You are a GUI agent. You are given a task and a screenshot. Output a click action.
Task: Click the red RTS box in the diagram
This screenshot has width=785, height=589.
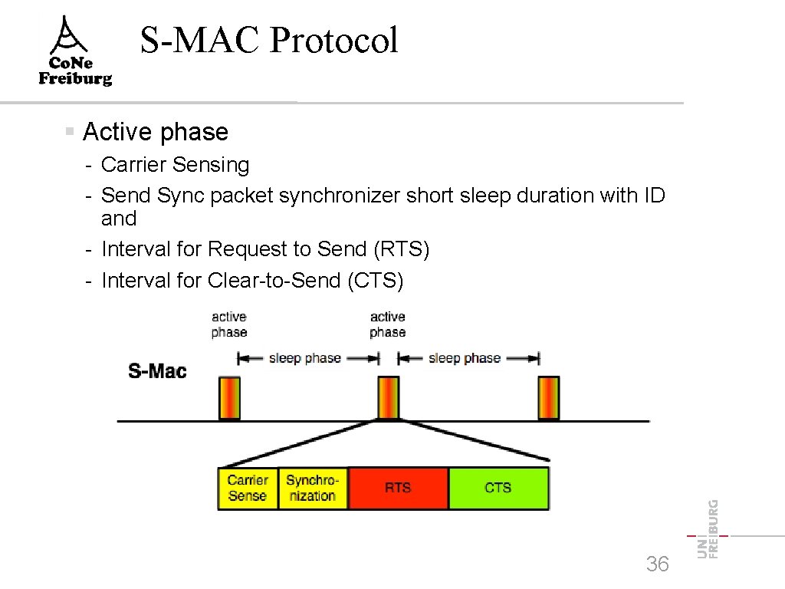click(398, 488)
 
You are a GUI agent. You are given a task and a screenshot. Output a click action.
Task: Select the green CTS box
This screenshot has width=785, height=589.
click(498, 488)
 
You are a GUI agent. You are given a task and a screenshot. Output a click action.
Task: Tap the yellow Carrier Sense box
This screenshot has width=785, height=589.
click(248, 488)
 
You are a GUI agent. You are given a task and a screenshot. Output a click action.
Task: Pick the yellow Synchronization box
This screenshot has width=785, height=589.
click(312, 488)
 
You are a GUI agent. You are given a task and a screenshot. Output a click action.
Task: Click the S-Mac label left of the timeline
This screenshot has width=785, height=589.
click(157, 371)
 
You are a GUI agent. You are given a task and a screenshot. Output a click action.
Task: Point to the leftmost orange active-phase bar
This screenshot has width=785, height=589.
click(230, 398)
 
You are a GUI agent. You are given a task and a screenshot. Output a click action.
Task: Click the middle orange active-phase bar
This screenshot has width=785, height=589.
click(389, 398)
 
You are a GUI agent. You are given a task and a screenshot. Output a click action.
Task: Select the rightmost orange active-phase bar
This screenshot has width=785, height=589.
click(549, 398)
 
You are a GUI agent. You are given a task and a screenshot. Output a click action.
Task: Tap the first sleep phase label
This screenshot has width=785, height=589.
click(304, 358)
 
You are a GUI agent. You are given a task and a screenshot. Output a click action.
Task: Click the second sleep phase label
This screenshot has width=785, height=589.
click(465, 358)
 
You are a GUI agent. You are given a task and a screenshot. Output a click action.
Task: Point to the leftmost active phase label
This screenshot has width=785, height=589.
click(229, 324)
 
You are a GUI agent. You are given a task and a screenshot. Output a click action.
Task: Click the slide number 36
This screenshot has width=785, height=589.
click(657, 564)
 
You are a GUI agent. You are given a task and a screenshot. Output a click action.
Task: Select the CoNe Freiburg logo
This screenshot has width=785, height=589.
click(76, 52)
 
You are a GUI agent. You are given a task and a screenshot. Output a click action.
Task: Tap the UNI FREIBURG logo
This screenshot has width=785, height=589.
click(708, 529)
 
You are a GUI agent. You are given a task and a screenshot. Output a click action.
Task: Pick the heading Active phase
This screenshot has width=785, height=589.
click(155, 132)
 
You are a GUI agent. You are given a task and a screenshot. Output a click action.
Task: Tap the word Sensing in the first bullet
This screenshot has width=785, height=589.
click(211, 165)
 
